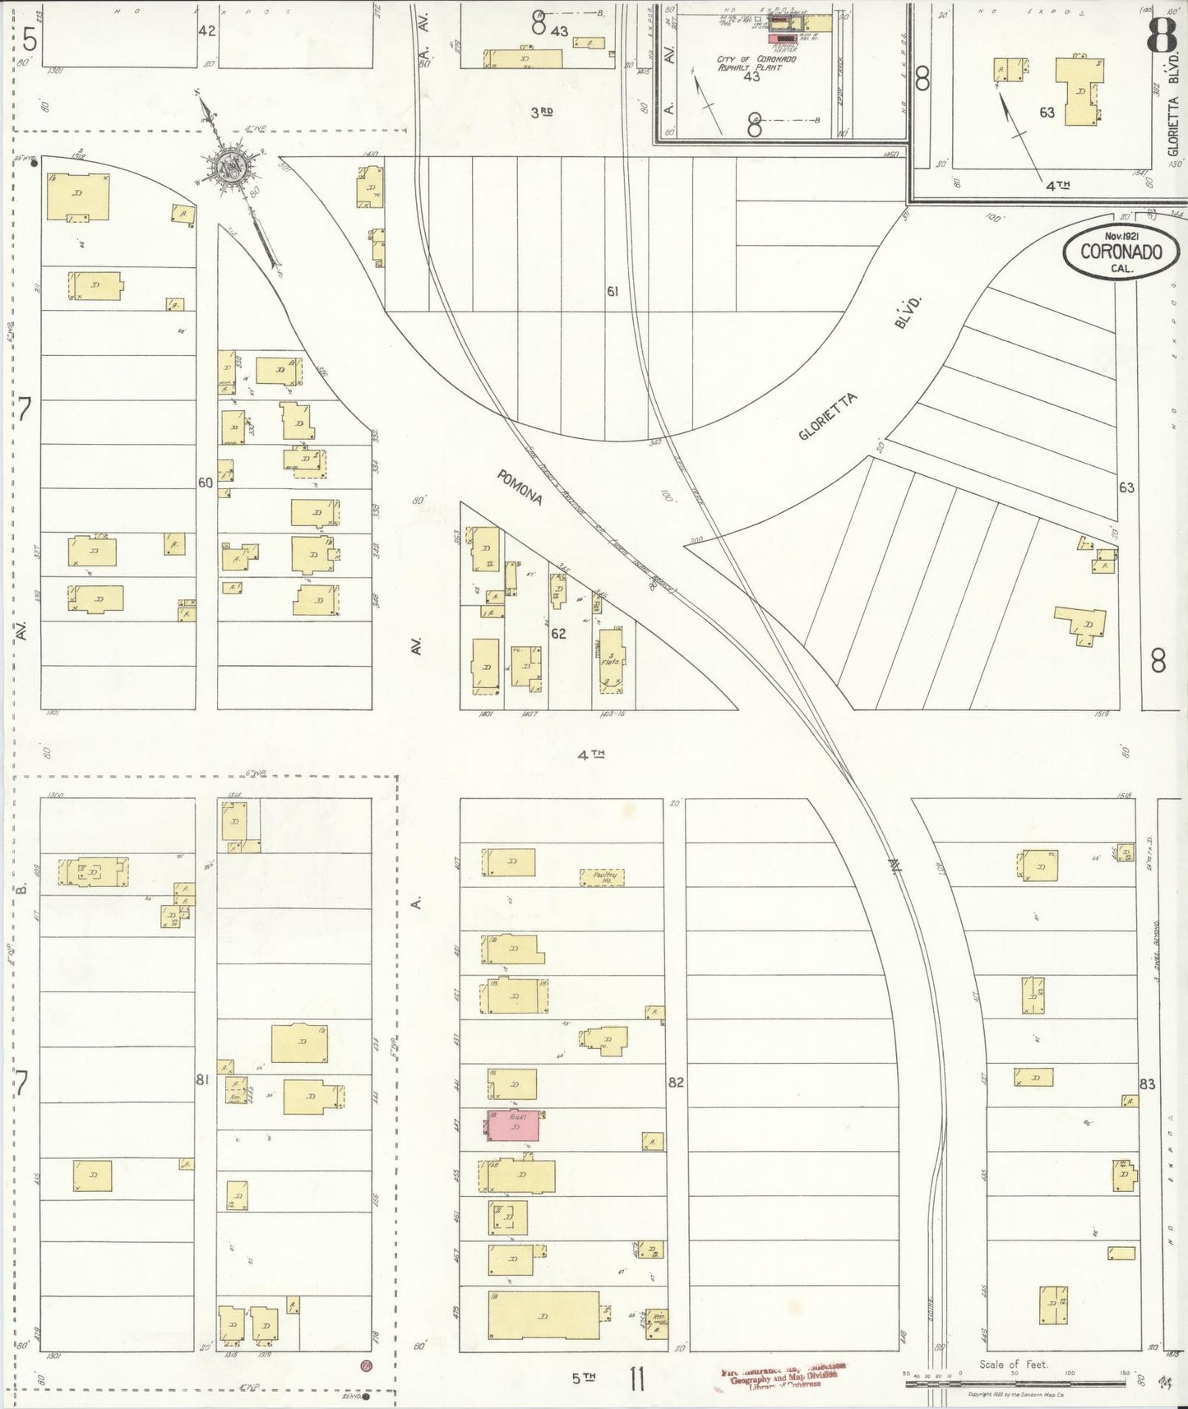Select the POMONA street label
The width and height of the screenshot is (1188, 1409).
point(519,487)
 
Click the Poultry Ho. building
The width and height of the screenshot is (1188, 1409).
point(602,877)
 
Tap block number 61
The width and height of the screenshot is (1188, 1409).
point(612,291)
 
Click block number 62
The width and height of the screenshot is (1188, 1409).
point(558,634)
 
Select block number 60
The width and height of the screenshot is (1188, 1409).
point(206,483)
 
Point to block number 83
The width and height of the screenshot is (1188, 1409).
point(1147,1084)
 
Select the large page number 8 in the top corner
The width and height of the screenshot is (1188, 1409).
point(1160,34)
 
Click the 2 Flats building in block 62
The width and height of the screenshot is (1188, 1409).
point(611,658)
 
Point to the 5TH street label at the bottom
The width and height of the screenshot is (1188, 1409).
point(583,1379)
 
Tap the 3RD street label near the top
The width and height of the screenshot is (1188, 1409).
point(540,113)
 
